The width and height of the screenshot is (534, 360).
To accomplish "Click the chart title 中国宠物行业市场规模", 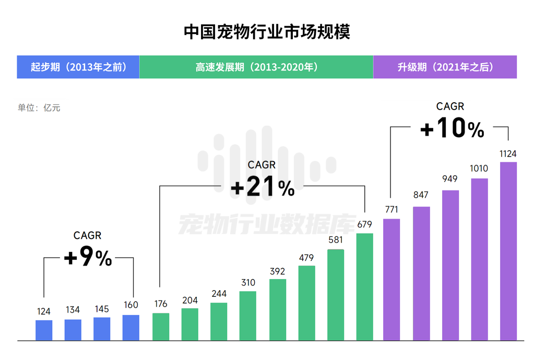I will pyautogui.click(x=267, y=31).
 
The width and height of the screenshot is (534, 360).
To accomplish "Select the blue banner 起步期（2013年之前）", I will pyautogui.click(x=78, y=67).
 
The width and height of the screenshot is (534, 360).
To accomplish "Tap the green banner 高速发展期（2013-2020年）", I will pyautogui.click(x=256, y=67).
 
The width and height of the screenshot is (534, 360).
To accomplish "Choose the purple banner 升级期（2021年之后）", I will pyautogui.click(x=445, y=67).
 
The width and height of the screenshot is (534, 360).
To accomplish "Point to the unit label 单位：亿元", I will pyautogui.click(x=39, y=108).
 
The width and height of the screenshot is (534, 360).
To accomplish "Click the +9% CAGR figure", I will pyautogui.click(x=88, y=258).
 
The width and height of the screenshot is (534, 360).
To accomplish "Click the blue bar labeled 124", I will pyautogui.click(x=44, y=330).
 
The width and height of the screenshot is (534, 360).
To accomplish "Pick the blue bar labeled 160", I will pyautogui.click(x=131, y=328).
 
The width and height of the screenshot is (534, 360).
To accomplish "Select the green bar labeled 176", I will pyautogui.click(x=161, y=327).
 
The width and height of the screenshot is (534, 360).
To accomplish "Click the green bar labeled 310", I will pyautogui.click(x=248, y=316).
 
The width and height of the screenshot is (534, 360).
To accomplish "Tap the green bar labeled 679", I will pyautogui.click(x=365, y=287).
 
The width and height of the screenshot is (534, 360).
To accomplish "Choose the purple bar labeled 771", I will pyautogui.click(x=391, y=280).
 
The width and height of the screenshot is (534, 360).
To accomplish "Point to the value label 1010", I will pyautogui.click(x=479, y=169).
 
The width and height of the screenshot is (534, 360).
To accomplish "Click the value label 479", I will pyautogui.click(x=306, y=258).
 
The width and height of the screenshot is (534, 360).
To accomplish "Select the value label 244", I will pyautogui.click(x=219, y=294).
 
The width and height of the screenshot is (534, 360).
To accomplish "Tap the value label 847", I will pyautogui.click(x=420, y=195).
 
